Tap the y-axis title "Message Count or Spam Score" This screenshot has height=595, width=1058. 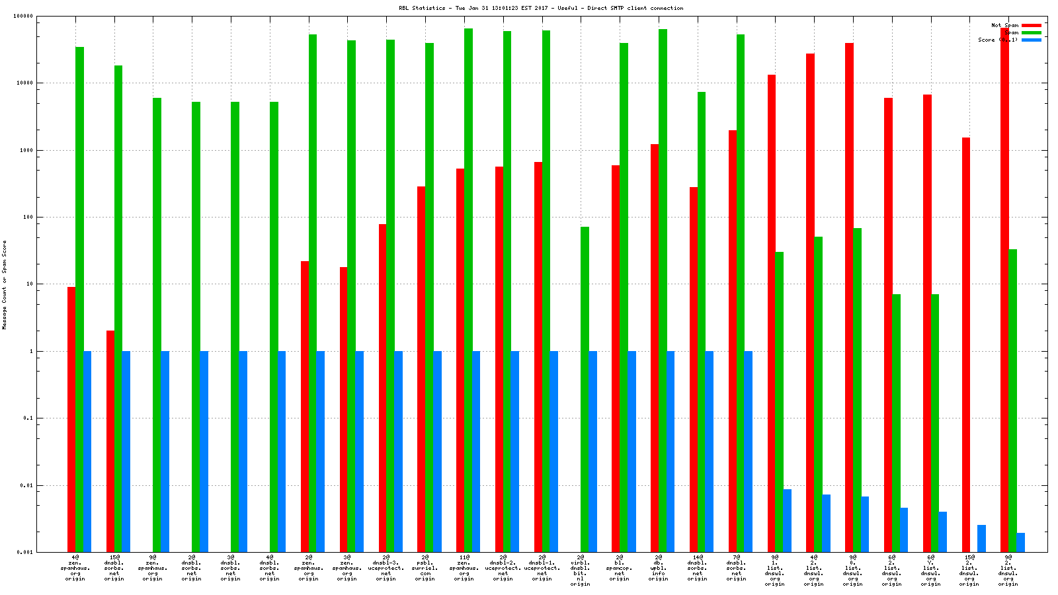[5, 284]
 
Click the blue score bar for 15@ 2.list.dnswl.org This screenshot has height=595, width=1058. [981, 538]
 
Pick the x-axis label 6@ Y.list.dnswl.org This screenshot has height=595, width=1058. [930, 571]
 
